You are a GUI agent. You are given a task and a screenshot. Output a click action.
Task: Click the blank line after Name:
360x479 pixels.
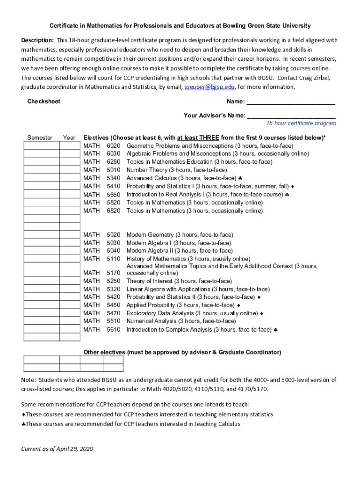pyautogui.click(x=290, y=102)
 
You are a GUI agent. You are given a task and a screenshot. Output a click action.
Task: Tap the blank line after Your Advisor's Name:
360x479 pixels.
pyautogui.click(x=291, y=115)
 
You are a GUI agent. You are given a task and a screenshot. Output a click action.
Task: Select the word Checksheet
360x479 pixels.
pyautogui.click(x=44, y=102)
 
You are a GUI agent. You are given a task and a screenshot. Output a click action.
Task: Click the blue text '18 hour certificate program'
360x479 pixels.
pyautogui.click(x=301, y=123)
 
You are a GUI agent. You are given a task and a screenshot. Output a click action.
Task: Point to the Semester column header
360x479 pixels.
pyautogui.click(x=40, y=138)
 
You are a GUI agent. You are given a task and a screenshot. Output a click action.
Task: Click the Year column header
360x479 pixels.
pyautogui.click(x=69, y=138)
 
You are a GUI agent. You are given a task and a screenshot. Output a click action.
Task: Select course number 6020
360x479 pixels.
pyautogui.click(x=113, y=146)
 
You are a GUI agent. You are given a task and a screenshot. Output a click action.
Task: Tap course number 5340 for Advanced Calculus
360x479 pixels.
pyautogui.click(x=113, y=178)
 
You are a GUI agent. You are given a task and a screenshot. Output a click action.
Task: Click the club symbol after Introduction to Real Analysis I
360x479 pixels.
pyautogui.click(x=287, y=195)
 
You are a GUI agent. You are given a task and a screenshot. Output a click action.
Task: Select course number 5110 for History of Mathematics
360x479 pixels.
pyautogui.click(x=113, y=259)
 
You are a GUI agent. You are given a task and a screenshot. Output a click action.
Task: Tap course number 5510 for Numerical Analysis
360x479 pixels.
pyautogui.click(x=113, y=321)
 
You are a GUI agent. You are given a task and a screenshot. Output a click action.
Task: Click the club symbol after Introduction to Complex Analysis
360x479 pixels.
pyautogui.click(x=276, y=330)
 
